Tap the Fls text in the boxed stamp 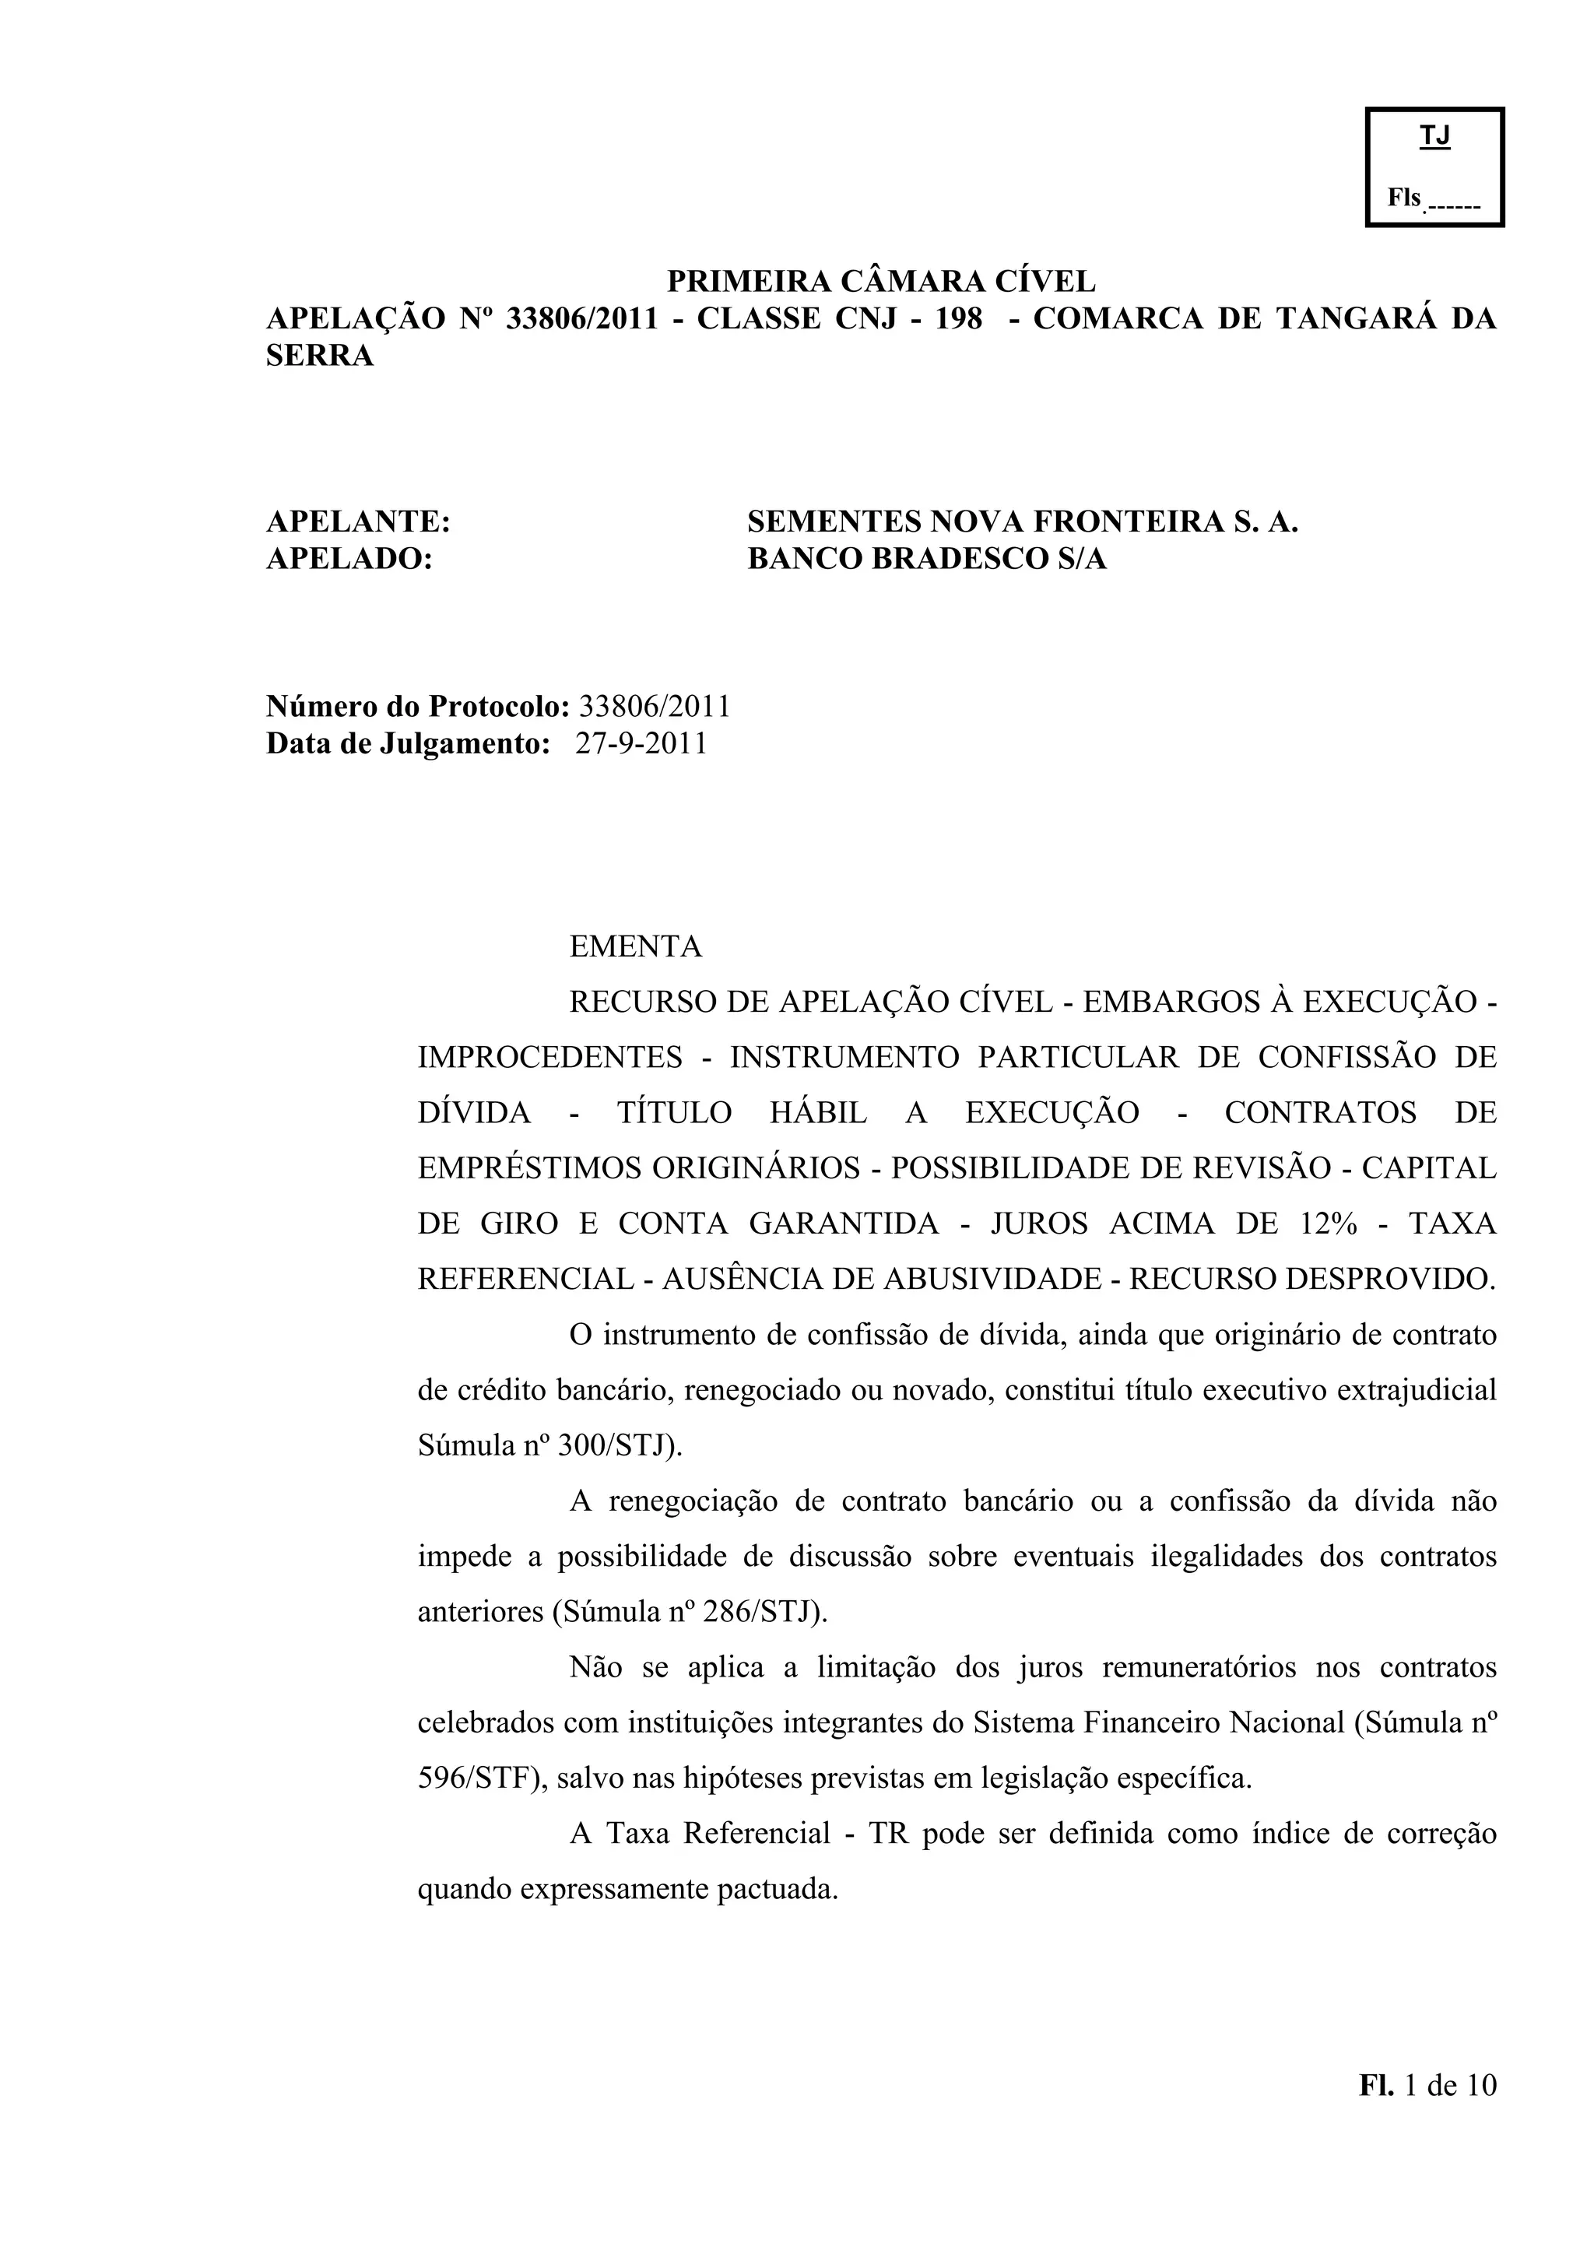tap(1403, 198)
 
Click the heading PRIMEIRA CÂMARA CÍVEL tap(880, 282)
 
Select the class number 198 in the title tap(959, 319)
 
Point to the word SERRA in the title tap(320, 356)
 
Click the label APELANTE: tap(358, 521)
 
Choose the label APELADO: tap(349, 559)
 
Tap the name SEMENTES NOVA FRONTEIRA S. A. tap(1022, 521)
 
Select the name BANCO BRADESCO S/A tap(926, 559)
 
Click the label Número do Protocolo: tap(418, 706)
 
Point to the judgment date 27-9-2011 tap(641, 743)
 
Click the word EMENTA tap(636, 946)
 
